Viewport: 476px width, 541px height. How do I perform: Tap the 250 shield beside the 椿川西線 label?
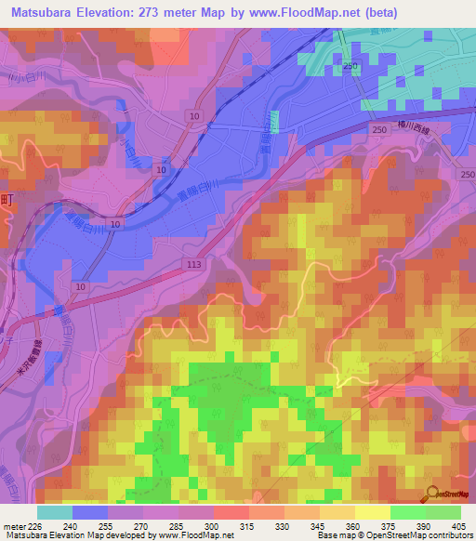[x=377, y=131]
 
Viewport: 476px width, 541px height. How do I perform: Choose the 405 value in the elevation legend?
[x=456, y=526]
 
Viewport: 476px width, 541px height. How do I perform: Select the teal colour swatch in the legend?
[x=55, y=512]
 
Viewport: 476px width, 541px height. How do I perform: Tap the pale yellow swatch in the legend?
[x=373, y=512]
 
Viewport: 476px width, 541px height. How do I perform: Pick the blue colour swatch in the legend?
[x=90, y=512]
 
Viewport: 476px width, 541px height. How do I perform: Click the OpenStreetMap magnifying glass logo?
[x=435, y=495]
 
